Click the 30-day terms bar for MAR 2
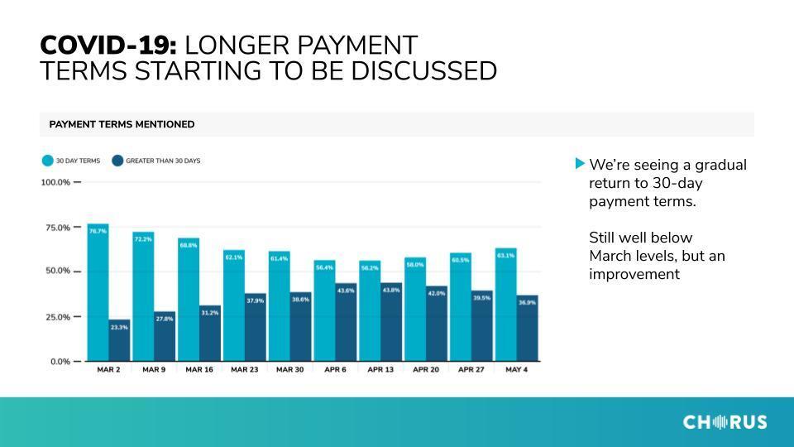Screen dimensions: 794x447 tap(98, 292)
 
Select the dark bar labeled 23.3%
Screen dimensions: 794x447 tap(119, 340)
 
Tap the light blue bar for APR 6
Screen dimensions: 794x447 tap(324, 310)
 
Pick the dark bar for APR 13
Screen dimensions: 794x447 tap(391, 322)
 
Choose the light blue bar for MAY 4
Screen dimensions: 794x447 tap(506, 305)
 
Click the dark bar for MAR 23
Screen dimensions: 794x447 tap(256, 328)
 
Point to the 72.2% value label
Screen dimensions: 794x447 tap(143, 239)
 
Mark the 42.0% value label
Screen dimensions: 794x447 tap(437, 293)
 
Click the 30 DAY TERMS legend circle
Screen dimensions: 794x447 tap(48, 161)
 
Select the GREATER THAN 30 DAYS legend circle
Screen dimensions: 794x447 tap(117, 161)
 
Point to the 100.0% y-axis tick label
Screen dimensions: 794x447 tap(55, 182)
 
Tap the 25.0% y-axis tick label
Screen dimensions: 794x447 tap(58, 317)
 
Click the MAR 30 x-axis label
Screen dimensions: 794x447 tap(290, 369)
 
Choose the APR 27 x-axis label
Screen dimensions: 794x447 tap(471, 369)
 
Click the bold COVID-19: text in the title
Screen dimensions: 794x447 tap(108, 46)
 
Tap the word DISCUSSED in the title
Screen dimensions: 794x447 tap(423, 71)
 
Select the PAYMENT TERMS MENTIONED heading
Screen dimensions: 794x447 tap(122, 125)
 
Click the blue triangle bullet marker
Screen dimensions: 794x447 tap(580, 163)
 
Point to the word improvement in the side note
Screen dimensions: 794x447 tap(634, 274)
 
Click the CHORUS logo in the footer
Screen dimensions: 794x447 tap(725, 422)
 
